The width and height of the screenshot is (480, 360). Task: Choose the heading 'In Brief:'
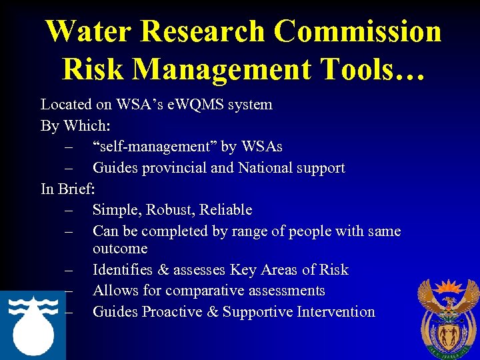coord(67,189)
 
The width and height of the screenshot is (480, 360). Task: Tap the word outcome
coord(120,249)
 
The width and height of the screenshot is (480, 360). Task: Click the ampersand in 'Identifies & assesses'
coord(164,270)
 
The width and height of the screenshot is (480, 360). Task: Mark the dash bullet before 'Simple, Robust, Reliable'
coord(69,210)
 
